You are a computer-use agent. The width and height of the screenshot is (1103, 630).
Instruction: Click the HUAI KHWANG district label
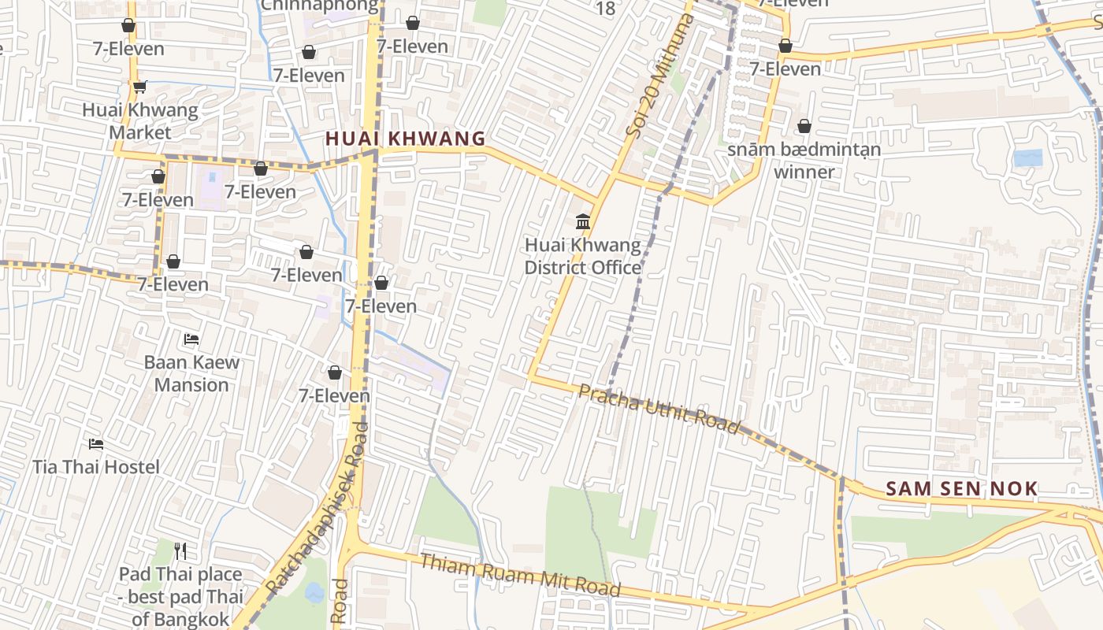click(405, 139)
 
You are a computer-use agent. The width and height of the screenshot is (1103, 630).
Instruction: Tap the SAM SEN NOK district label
click(962, 488)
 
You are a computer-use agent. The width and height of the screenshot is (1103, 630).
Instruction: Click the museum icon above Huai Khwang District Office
click(583, 222)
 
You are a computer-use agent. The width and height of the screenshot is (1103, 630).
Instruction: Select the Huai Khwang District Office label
click(583, 257)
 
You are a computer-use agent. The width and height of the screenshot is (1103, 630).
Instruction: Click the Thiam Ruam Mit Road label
click(520, 575)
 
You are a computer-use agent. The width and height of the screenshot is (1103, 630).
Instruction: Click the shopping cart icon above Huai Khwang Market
click(139, 87)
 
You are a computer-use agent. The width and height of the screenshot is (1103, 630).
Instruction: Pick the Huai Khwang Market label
click(140, 121)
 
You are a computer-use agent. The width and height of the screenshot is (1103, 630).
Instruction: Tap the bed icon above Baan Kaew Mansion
click(191, 339)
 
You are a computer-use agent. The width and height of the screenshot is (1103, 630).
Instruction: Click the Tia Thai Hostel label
click(96, 467)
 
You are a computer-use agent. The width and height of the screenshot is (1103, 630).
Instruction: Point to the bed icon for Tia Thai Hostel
click(96, 444)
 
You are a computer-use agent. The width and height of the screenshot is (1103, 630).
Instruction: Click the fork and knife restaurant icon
click(180, 550)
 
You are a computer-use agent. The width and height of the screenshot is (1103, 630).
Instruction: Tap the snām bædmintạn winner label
click(804, 160)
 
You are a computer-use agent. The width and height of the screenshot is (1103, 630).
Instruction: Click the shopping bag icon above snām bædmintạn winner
click(804, 126)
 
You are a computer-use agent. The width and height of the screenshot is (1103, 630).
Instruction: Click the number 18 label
click(605, 9)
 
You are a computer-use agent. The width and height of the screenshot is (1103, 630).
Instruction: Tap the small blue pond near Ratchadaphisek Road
click(314, 592)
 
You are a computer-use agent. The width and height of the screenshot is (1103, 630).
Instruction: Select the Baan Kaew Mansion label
click(191, 373)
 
